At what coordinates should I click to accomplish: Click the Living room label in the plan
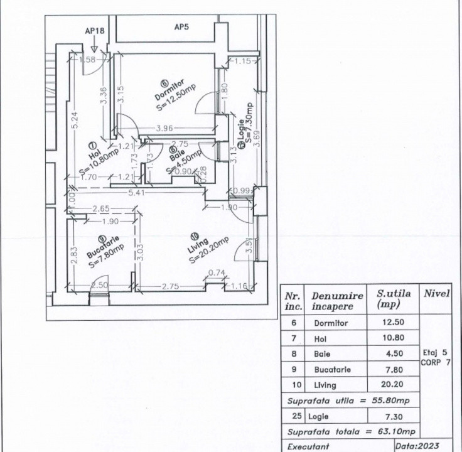(201, 245)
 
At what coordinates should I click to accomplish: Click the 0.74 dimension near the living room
(215, 272)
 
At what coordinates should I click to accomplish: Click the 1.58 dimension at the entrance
(89, 60)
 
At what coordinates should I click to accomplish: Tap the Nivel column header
(436, 293)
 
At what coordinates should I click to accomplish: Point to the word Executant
(308, 446)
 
